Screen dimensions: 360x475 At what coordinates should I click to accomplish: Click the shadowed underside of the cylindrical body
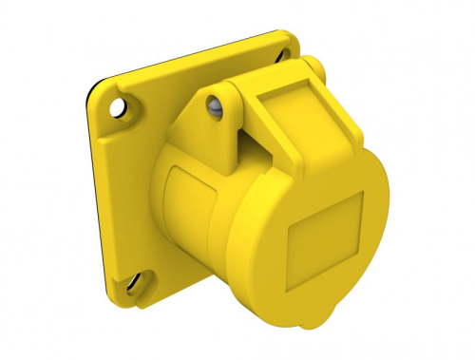click(218, 285)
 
